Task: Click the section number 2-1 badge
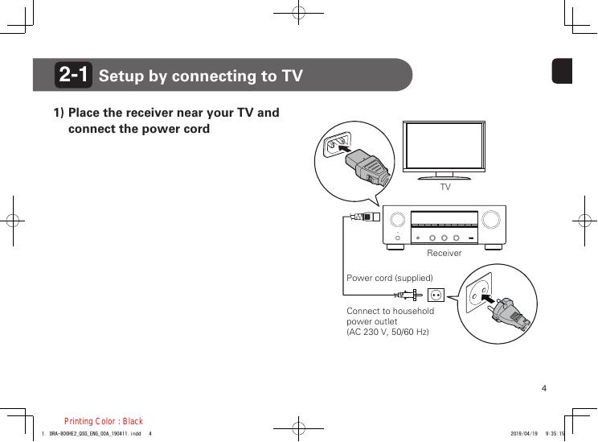pos(74,76)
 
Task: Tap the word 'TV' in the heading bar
pos(292,76)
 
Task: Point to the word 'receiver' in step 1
pos(164,112)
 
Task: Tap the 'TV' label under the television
pos(444,187)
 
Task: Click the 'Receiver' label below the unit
pos(444,253)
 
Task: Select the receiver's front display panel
pos(444,218)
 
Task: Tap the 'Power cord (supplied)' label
pos(389,278)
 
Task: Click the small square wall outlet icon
pos(436,295)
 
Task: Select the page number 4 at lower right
pos(544,390)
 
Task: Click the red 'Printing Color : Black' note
pos(104,421)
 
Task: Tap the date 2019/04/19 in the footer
pos(523,434)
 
